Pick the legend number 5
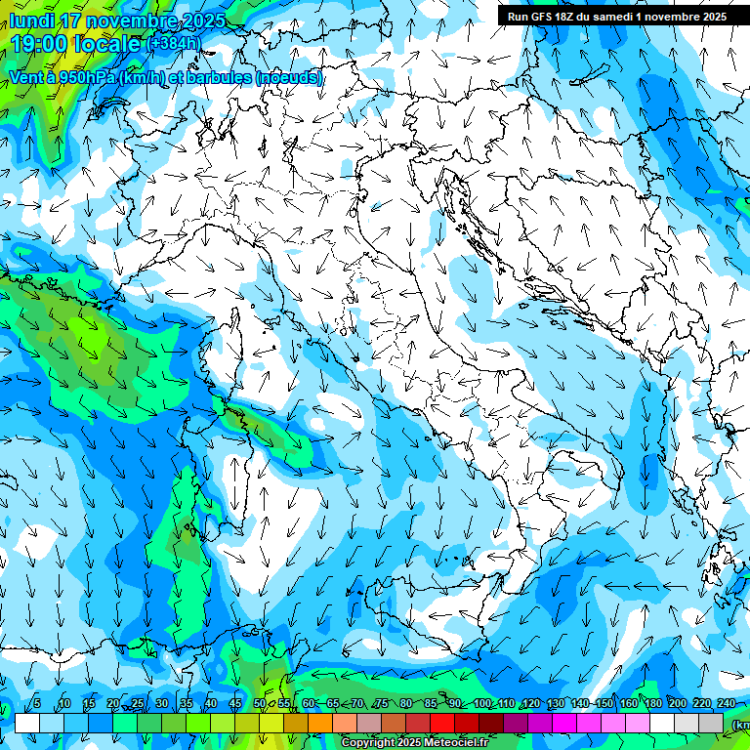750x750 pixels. click(37, 704)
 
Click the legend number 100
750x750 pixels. click(481, 704)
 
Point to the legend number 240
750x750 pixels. click(727, 704)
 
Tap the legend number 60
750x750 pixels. click(309, 704)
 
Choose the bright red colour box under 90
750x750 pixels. click(442, 723)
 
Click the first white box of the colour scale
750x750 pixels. click(27, 723)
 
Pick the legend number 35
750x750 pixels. click(187, 704)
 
